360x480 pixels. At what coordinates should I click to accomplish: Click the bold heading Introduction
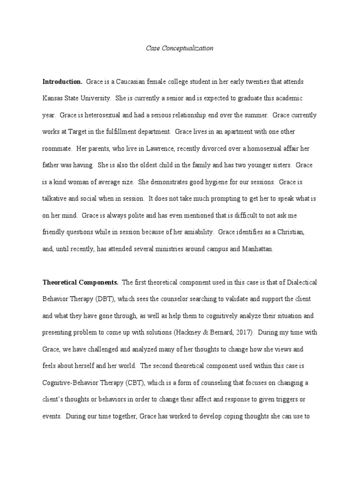[62, 82]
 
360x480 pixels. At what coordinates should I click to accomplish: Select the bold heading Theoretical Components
[81, 282]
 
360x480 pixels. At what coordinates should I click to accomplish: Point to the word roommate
[56, 149]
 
